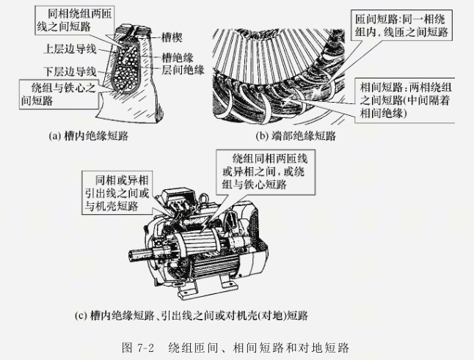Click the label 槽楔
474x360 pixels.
pos(169,34)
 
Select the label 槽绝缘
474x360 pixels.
pos(176,56)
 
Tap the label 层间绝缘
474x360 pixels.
pos(180,69)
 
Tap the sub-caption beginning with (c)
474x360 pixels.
pos(192,316)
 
